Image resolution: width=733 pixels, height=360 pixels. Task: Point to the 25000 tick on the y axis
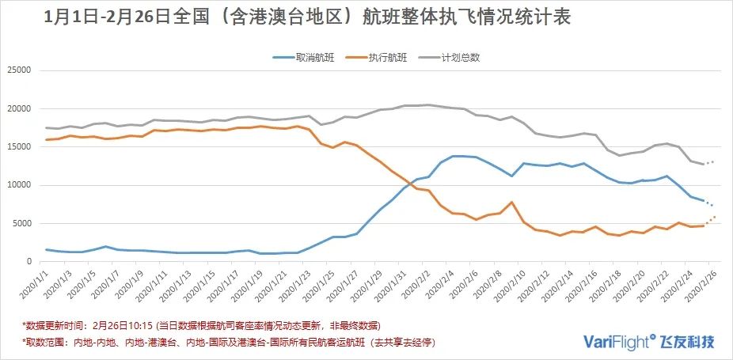coord(17,70)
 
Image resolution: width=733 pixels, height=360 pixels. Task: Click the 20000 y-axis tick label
coord(17,108)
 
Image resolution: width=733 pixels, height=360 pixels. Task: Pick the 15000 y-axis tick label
coord(17,147)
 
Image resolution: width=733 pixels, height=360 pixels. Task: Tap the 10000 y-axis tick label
coord(17,185)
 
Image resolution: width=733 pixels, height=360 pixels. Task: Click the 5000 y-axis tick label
coord(20,223)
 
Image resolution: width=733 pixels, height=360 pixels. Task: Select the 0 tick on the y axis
coord(28,261)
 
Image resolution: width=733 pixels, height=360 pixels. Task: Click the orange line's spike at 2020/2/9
coord(512,203)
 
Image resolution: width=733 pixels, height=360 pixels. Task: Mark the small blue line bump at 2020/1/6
coord(105,246)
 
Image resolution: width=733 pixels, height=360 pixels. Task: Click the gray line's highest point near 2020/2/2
coord(428,105)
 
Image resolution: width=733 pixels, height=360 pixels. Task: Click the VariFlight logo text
coord(618,341)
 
